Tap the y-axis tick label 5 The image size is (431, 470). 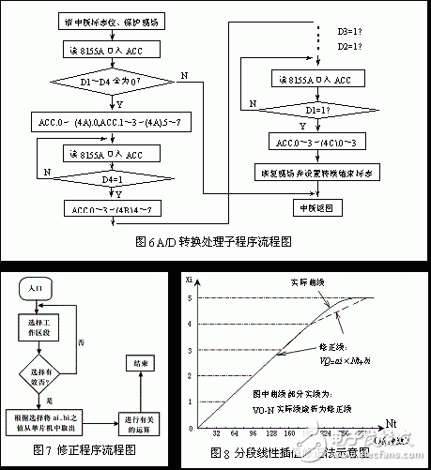point(191,297)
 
